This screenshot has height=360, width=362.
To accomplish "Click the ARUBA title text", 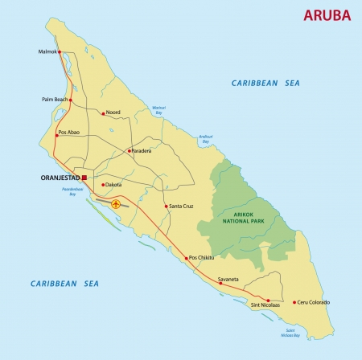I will click(327, 16).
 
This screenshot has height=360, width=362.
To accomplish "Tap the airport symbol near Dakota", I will click(116, 204).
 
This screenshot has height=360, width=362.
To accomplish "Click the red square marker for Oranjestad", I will click(84, 178).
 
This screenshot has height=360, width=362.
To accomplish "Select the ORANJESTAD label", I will click(59, 178).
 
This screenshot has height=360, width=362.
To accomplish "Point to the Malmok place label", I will click(49, 52).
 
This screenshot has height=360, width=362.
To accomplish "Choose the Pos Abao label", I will click(69, 133).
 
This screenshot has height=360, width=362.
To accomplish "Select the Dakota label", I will click(113, 185).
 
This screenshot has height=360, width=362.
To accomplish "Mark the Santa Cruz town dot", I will click(167, 207).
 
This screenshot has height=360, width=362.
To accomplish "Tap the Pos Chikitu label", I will click(203, 258).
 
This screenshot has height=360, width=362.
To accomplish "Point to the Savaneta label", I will click(228, 279).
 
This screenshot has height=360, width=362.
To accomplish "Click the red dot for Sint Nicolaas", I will click(268, 299).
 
